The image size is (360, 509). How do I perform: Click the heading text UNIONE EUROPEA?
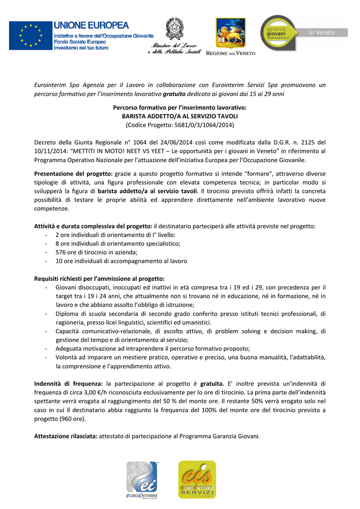(x=91, y=25)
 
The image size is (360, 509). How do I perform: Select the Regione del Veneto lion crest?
(x=230, y=33)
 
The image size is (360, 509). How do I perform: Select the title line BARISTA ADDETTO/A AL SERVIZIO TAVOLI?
(x=180, y=116)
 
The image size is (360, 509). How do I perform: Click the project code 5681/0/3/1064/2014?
(x=194, y=124)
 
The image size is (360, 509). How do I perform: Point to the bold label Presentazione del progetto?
(x=73, y=173)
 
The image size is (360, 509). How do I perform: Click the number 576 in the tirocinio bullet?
(x=60, y=252)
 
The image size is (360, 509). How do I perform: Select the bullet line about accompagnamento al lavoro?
(x=114, y=260)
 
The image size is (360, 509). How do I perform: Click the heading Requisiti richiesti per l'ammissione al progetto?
(x=99, y=278)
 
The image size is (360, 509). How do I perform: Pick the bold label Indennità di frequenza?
(x=68, y=384)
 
